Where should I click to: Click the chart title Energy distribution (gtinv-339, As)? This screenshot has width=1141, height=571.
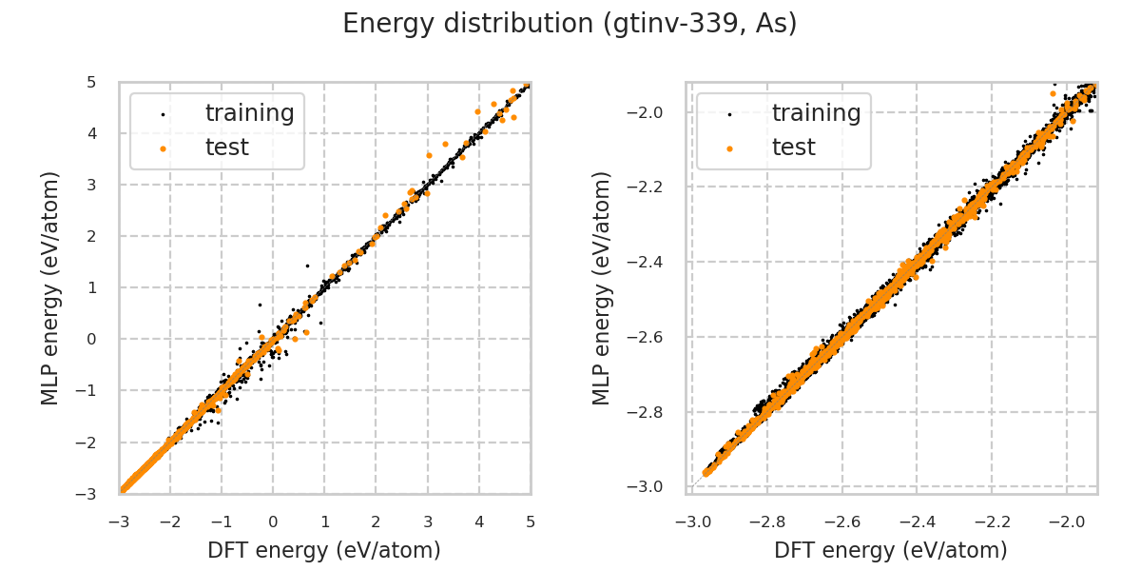click(x=570, y=24)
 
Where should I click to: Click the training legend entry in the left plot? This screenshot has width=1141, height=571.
click(x=249, y=113)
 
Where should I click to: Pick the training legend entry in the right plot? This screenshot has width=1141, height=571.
click(x=816, y=113)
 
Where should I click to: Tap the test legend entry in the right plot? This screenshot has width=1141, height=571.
click(x=793, y=148)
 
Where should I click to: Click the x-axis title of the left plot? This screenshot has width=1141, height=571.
click(x=324, y=550)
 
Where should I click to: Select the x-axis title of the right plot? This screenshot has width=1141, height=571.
click(x=891, y=550)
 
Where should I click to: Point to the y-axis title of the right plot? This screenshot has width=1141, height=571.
click(x=602, y=287)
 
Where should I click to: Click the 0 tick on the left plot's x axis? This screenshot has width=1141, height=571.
click(x=273, y=522)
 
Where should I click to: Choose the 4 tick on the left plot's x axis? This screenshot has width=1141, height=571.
click(x=479, y=522)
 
